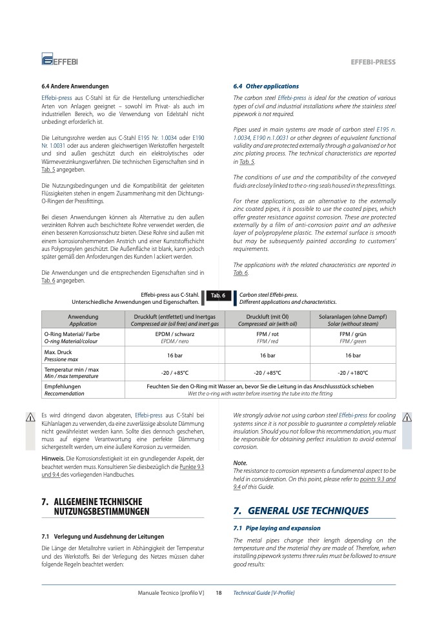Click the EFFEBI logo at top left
tap(59, 61)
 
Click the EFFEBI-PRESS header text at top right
tap(372, 62)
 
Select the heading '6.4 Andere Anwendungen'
tap(75, 86)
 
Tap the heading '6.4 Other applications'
tap(266, 86)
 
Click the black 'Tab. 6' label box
tap(218, 295)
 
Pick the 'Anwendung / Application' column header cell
tap(83, 320)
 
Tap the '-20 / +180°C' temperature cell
tap(352, 373)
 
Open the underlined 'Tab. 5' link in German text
tap(48, 170)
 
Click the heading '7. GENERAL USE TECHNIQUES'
tap(301, 511)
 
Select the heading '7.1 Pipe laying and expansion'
tap(276, 528)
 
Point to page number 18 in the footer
tap(218, 592)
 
